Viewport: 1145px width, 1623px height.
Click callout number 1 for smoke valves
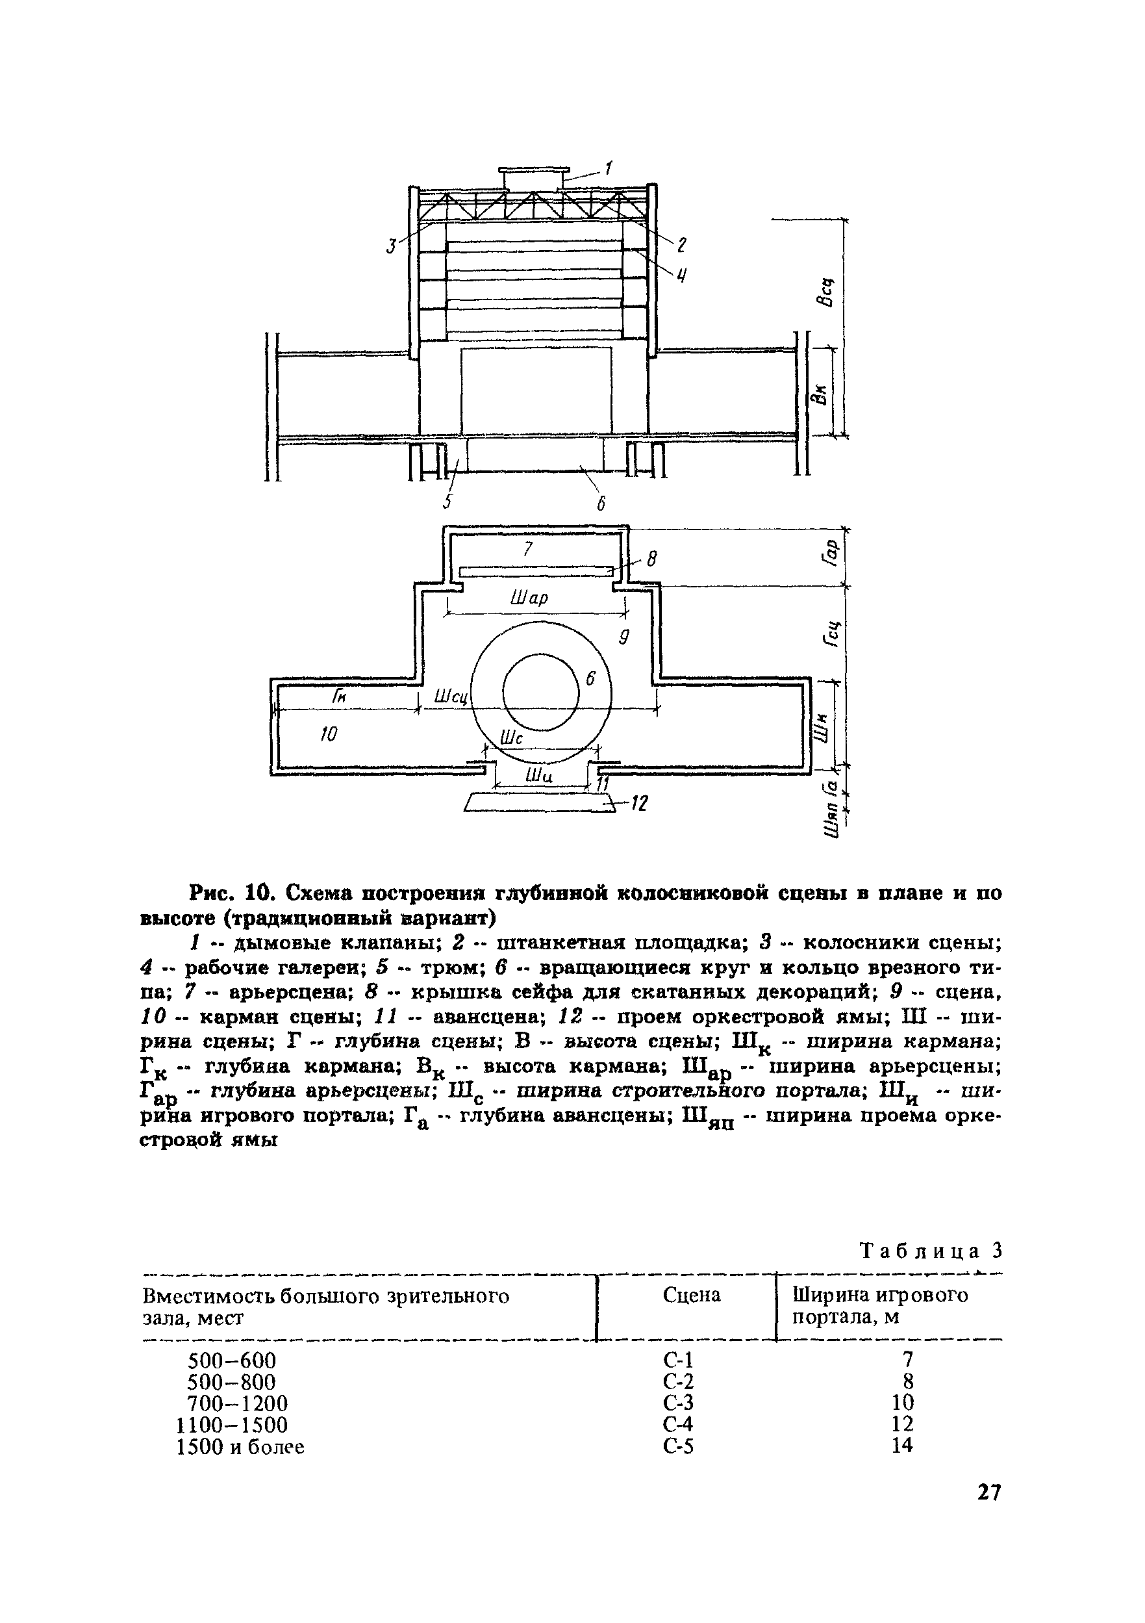coord(609,168)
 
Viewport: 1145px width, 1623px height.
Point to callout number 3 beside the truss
coord(391,246)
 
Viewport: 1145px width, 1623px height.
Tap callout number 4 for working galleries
coord(682,274)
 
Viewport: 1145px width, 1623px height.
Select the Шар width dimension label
coord(529,599)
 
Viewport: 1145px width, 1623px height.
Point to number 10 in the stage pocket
coord(329,734)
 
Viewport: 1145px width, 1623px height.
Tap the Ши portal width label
coord(538,776)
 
